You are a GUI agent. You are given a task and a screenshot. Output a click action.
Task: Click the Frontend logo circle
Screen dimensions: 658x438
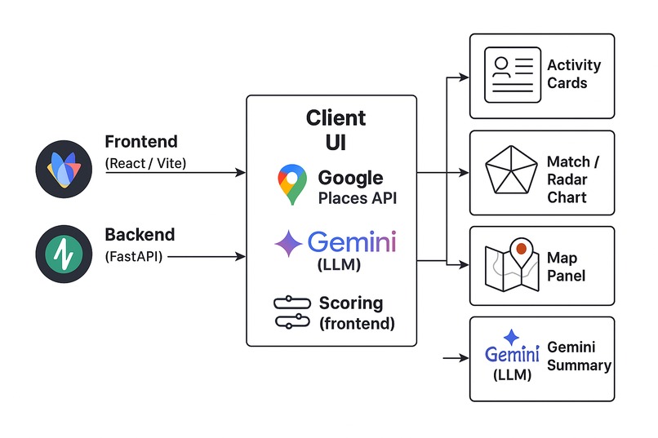[x=64, y=169]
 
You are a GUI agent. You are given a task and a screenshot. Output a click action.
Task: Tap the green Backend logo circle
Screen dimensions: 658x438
[x=64, y=254]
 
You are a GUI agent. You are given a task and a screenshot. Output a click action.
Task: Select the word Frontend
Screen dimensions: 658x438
[x=141, y=142]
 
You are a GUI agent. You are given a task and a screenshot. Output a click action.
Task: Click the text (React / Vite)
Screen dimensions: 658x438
[x=145, y=163]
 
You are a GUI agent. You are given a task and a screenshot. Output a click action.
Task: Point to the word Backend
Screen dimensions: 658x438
[x=140, y=235]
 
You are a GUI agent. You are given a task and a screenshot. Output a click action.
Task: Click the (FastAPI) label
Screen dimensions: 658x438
[x=134, y=256]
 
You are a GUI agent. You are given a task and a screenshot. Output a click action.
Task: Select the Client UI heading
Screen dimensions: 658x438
[x=336, y=130]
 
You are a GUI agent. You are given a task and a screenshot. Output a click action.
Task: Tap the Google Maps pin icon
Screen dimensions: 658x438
[x=292, y=184]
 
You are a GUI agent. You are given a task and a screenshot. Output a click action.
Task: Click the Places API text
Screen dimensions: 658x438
[x=358, y=198]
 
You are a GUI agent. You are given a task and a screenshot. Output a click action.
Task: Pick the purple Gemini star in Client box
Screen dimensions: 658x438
[x=288, y=243]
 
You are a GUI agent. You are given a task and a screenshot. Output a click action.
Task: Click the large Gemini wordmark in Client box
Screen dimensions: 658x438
[x=352, y=242]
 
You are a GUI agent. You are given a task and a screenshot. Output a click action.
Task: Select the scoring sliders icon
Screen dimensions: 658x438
[x=292, y=312]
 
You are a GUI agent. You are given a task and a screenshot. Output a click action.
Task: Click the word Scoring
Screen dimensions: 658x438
[x=351, y=303]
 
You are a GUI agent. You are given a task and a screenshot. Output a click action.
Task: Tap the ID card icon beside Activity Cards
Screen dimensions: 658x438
[x=513, y=75]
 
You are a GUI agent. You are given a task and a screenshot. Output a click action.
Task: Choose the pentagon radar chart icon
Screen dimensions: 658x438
[x=511, y=170]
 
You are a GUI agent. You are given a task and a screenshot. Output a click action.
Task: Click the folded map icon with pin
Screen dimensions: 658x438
[x=512, y=265]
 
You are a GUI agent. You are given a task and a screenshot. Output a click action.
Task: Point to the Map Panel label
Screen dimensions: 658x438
[x=566, y=267]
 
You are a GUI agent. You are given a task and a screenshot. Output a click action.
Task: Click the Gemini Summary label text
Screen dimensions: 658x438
[x=579, y=356]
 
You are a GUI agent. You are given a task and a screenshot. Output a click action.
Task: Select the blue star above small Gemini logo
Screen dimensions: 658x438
[x=511, y=338]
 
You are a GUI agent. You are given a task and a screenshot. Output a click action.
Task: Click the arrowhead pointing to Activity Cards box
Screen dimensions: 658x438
[x=465, y=77]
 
